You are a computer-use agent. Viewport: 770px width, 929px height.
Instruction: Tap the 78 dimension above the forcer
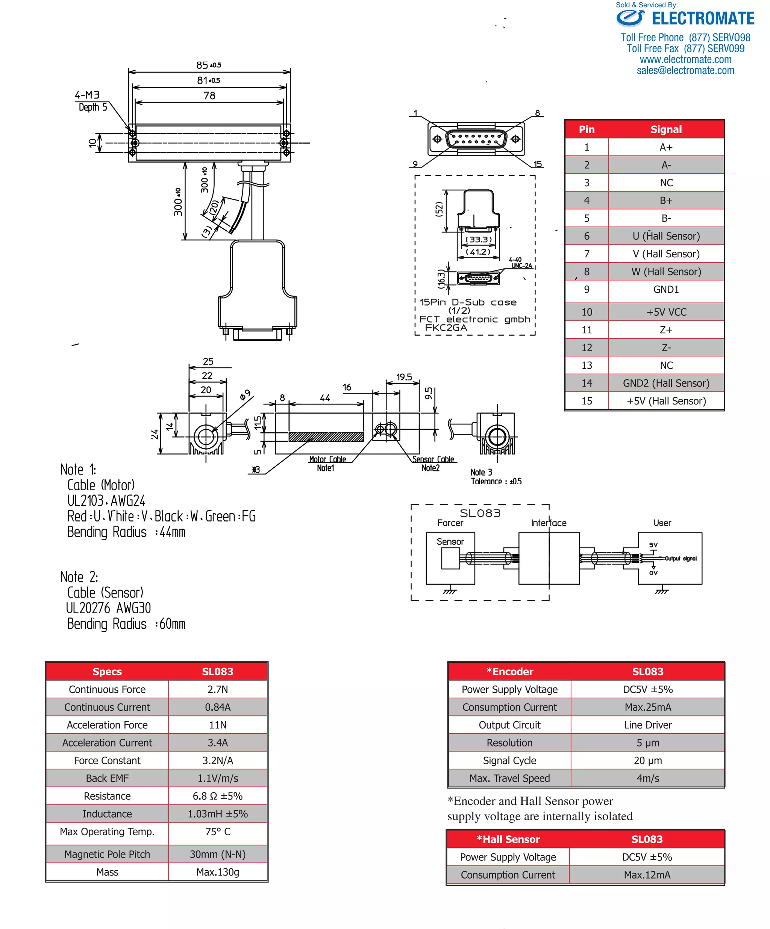pyautogui.click(x=209, y=96)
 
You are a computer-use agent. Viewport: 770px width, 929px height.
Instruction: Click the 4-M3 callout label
pyautogui.click(x=87, y=95)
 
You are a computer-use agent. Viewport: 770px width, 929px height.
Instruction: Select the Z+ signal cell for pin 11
pyautogui.click(x=666, y=330)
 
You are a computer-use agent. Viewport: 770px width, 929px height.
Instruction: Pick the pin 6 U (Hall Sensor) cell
pyautogui.click(x=666, y=236)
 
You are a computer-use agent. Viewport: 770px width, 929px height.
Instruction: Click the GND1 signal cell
pyautogui.click(x=666, y=290)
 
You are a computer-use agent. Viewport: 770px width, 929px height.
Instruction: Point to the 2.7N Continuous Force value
pyautogui.click(x=217, y=689)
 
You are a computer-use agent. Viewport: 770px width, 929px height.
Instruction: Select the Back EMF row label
pyautogui.click(x=107, y=778)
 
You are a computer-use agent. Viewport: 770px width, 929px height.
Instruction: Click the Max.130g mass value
pyautogui.click(x=217, y=872)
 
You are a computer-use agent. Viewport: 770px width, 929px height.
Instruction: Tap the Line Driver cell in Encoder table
pyautogui.click(x=647, y=725)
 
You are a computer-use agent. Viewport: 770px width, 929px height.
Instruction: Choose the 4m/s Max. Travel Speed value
pyautogui.click(x=647, y=778)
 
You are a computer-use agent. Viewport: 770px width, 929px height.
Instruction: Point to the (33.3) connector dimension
pyautogui.click(x=478, y=240)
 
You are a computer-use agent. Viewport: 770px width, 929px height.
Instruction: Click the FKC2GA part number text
pyautogui.click(x=446, y=328)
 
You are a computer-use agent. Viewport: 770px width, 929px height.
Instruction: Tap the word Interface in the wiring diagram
pyautogui.click(x=548, y=523)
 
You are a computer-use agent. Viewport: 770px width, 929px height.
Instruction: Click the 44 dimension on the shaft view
pyautogui.click(x=325, y=398)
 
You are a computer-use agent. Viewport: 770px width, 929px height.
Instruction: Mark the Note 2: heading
pyautogui.click(x=79, y=577)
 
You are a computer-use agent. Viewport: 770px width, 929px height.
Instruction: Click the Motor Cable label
pyautogui.click(x=327, y=459)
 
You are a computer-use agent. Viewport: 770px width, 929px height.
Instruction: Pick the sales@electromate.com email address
pyautogui.click(x=685, y=70)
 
